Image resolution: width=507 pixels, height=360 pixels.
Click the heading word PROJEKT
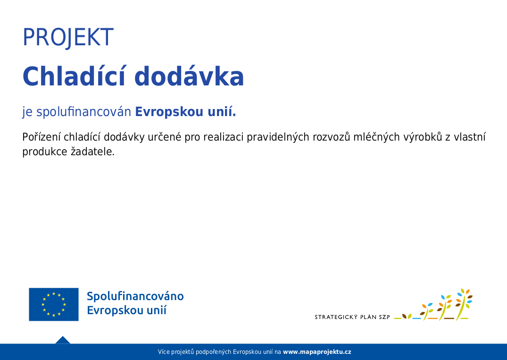click(68, 37)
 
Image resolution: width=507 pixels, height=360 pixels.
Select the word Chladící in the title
click(74, 76)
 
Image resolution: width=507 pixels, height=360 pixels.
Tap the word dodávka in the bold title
click(189, 76)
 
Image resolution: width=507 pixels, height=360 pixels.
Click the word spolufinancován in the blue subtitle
click(83, 112)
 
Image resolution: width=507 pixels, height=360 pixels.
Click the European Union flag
click(54, 304)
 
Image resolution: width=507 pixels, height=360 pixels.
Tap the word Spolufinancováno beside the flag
click(135, 296)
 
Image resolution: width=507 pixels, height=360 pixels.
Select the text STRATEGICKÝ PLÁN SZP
click(352, 317)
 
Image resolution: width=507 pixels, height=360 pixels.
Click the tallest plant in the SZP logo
click(464, 304)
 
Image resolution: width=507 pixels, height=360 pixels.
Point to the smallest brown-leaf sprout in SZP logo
click(407, 316)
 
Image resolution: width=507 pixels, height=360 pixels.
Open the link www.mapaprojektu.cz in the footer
click(317, 352)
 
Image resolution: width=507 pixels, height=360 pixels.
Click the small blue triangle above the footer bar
click(63, 340)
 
